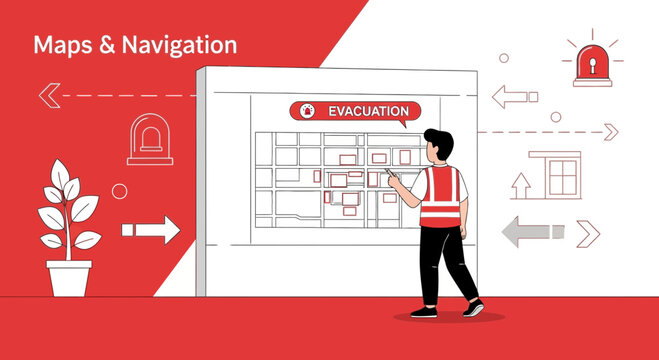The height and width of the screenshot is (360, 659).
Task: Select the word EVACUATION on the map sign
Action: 368,111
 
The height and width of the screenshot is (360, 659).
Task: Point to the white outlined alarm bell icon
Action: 150,139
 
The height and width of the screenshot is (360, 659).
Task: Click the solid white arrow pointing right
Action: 150,230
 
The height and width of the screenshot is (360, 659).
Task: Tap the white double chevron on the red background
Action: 47,96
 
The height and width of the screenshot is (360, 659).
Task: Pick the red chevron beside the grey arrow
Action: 588,233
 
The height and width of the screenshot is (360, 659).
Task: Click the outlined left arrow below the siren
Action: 514,97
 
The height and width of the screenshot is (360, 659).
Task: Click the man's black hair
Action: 438,140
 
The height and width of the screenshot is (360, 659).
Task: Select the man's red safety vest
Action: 439,197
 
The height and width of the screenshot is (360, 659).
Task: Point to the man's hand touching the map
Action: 393,178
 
